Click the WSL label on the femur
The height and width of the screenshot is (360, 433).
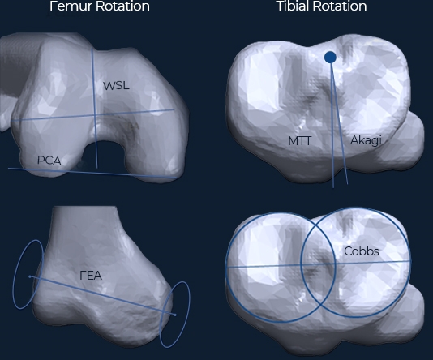tap(116, 86)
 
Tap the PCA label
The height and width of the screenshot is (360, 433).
tap(49, 161)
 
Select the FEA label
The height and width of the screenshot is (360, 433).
tap(91, 276)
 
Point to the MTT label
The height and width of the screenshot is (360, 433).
tap(300, 141)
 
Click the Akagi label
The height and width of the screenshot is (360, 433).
tap(366, 140)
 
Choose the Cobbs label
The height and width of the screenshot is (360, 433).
tap(362, 251)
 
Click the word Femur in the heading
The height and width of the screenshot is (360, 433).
tap(68, 6)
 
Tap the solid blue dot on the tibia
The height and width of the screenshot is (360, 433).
tap(330, 58)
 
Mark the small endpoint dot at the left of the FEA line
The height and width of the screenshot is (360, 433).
tap(29, 276)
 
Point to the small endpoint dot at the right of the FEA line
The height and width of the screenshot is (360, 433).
tap(175, 315)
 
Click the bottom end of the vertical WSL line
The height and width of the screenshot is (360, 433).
tap(97, 168)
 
